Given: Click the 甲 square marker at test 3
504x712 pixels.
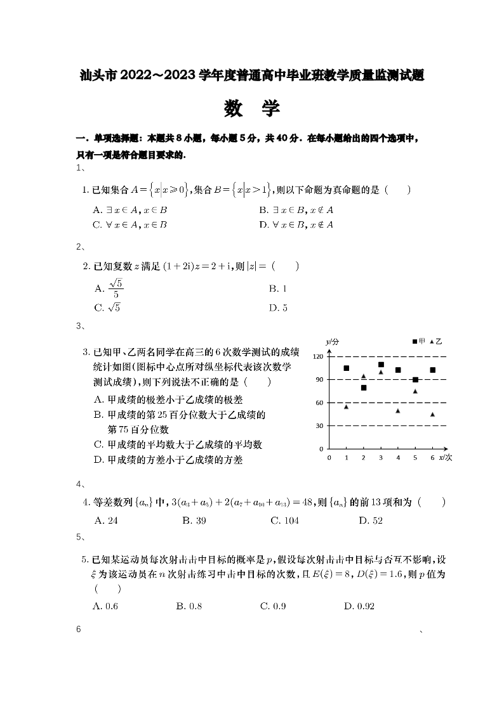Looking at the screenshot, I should click(x=381, y=365).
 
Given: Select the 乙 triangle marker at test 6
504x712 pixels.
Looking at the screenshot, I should click(x=432, y=414).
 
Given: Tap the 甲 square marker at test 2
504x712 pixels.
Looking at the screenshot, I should click(x=364, y=387).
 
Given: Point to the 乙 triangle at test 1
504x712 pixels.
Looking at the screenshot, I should click(x=347, y=406).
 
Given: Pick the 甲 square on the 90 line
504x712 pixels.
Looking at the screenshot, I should click(x=415, y=380).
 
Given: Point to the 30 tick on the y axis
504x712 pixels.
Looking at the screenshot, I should click(x=320, y=426).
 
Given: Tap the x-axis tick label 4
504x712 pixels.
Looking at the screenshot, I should click(x=398, y=457).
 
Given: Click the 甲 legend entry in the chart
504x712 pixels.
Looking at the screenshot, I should click(x=419, y=342).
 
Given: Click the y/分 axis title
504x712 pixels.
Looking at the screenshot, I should click(x=333, y=342).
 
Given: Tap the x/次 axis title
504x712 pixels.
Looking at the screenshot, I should click(x=446, y=457).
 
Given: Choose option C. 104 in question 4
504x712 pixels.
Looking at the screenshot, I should click(x=284, y=521).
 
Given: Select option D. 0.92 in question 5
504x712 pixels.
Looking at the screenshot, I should click(x=359, y=606).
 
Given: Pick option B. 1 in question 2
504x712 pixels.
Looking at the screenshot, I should click(x=278, y=288).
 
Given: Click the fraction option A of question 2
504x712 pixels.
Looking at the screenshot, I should click(x=109, y=289).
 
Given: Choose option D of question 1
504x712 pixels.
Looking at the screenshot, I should click(x=296, y=224).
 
